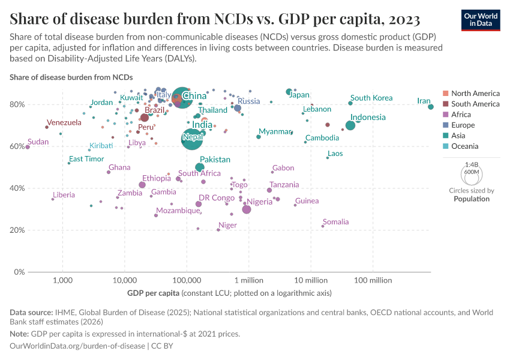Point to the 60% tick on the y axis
[x=17, y=146]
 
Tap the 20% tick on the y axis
[x=17, y=230]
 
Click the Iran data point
[x=431, y=107]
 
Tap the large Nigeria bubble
[x=247, y=209]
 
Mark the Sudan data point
[x=28, y=147]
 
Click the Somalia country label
[x=335, y=222]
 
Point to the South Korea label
[x=371, y=98]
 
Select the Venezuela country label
[x=64, y=122]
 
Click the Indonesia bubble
[x=350, y=125]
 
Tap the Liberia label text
[x=64, y=195]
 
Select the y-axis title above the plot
[x=71, y=77]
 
